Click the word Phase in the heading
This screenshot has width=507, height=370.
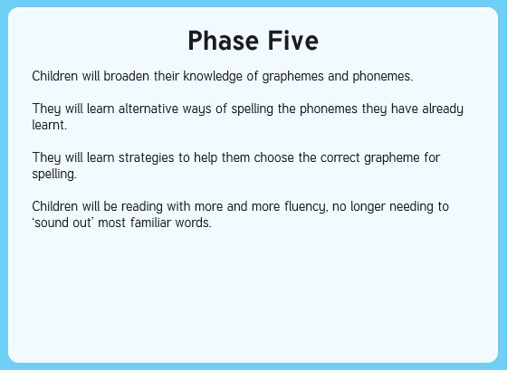[x=223, y=41]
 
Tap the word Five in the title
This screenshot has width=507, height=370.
[x=293, y=41]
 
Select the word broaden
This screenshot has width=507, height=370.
[x=127, y=76]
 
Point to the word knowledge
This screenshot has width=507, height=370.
[x=213, y=77]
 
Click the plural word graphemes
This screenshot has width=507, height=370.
[x=293, y=77]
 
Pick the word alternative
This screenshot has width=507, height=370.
[x=148, y=109]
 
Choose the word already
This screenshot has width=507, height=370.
[x=443, y=109]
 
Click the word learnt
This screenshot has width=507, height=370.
[x=50, y=125]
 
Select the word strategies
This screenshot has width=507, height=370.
[x=147, y=158]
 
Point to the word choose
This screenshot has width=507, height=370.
[x=274, y=157]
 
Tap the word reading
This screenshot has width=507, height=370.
[x=142, y=207]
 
